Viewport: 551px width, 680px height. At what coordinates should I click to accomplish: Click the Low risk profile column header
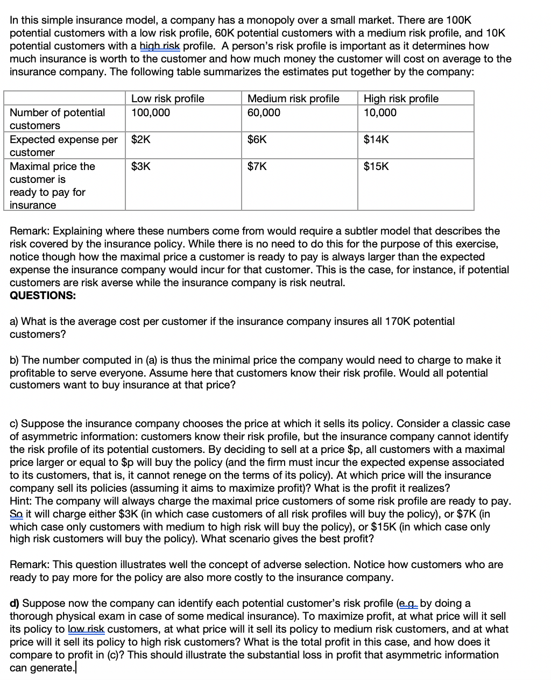(167, 98)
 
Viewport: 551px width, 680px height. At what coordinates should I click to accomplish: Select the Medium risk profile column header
(293, 98)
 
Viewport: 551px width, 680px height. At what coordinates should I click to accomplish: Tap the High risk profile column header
(401, 98)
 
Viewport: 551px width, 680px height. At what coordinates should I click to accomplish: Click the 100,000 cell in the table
(150, 112)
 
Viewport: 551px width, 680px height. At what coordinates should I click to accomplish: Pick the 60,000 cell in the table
(264, 112)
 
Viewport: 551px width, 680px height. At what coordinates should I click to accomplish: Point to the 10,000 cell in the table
(380, 112)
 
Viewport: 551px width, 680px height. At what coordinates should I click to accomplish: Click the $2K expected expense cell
(141, 139)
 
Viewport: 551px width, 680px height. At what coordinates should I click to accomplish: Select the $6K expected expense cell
(257, 139)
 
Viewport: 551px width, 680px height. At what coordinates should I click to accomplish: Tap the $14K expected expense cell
(376, 139)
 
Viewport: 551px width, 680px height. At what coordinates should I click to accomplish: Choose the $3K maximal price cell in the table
(141, 166)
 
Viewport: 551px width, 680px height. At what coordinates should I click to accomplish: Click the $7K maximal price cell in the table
(257, 166)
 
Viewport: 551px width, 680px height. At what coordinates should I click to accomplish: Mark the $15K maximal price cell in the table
(376, 166)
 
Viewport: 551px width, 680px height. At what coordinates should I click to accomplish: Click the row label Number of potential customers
(57, 118)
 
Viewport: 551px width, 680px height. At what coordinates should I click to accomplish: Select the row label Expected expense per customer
(63, 145)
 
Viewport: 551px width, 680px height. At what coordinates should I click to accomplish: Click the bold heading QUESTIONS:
(43, 295)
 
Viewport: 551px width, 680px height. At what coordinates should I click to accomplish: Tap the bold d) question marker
(15, 603)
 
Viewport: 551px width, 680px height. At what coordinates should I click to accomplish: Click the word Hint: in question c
(21, 501)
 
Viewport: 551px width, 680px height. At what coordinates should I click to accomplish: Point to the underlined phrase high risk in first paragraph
(160, 46)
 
